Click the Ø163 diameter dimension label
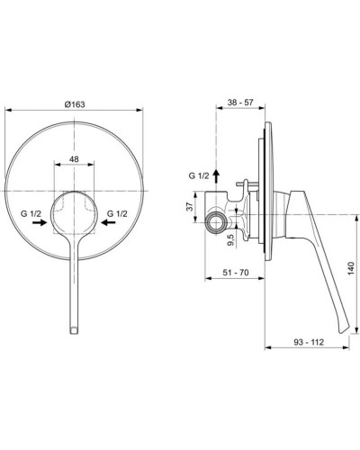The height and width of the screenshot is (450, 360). pos(75,105)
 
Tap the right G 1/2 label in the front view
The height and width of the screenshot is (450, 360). pos(118,212)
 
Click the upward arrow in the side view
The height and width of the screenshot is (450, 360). pos(215,176)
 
